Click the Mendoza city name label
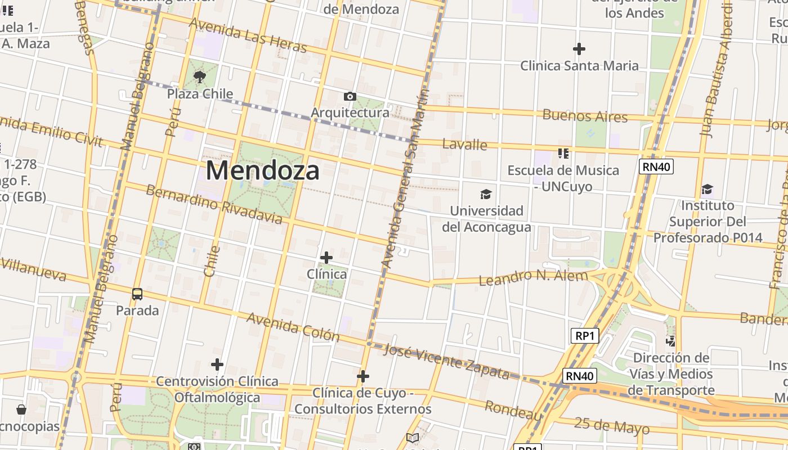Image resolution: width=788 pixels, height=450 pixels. [263, 170]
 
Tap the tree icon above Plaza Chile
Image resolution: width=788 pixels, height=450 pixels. [199, 76]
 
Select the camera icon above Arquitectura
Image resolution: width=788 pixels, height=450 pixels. [350, 97]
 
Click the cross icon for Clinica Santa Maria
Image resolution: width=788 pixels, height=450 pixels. [579, 49]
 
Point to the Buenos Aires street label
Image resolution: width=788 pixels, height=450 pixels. [585, 116]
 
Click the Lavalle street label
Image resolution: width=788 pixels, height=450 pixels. [464, 145]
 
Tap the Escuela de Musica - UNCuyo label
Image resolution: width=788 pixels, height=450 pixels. [563, 178]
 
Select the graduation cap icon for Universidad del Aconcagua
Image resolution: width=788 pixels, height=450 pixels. [486, 195]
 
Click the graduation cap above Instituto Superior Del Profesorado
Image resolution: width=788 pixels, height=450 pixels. [707, 189]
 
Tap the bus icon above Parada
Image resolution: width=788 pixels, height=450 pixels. [137, 294]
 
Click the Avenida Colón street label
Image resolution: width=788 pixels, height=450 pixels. [293, 327]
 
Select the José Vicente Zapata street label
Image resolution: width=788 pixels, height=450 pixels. [446, 362]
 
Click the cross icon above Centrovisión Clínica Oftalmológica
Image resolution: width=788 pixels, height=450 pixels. [217, 364]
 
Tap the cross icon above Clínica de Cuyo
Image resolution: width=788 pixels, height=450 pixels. [363, 376]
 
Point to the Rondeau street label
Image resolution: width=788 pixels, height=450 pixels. [513, 411]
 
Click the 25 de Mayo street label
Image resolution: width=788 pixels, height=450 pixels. [612, 426]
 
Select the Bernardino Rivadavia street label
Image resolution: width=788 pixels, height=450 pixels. [214, 204]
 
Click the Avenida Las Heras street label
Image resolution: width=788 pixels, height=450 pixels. [248, 35]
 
